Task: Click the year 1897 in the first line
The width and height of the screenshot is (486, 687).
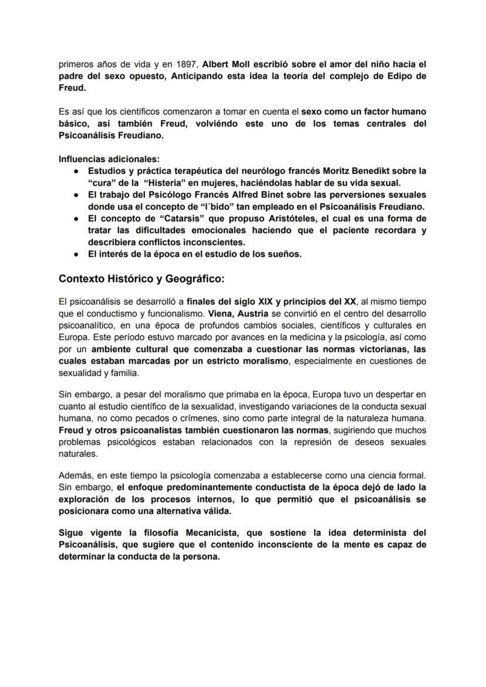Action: (188, 63)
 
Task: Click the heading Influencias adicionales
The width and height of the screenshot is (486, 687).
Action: (109, 159)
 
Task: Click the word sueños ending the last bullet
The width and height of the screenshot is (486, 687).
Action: (285, 254)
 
